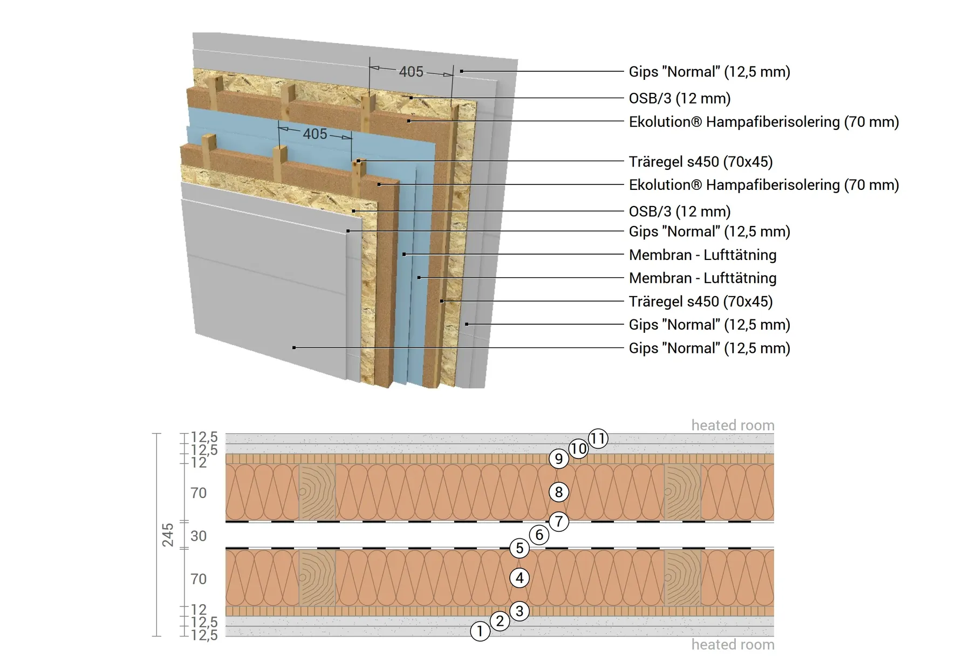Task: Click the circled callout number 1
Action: pos(480,631)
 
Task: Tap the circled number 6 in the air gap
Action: pos(539,535)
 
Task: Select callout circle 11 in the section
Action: pos(598,439)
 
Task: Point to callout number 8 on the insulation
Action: pos(559,492)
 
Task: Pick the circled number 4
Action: pos(519,578)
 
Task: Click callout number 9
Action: pos(559,459)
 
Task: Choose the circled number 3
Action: pos(519,611)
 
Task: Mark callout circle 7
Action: pos(559,522)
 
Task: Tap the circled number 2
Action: pos(500,621)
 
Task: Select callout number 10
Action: pos(578,449)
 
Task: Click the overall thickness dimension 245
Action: pos(168,535)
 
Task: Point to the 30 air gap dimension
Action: pos(199,536)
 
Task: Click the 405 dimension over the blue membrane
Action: pos(315,134)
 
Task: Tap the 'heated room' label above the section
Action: pos(733,426)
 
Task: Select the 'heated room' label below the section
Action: pos(733,645)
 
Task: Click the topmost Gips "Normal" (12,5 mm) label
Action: pos(709,72)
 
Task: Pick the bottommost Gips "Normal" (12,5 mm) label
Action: pos(709,348)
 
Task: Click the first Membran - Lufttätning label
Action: pos(702,255)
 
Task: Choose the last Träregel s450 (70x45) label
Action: pos(701,302)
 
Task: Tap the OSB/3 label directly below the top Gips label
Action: pos(680,99)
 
